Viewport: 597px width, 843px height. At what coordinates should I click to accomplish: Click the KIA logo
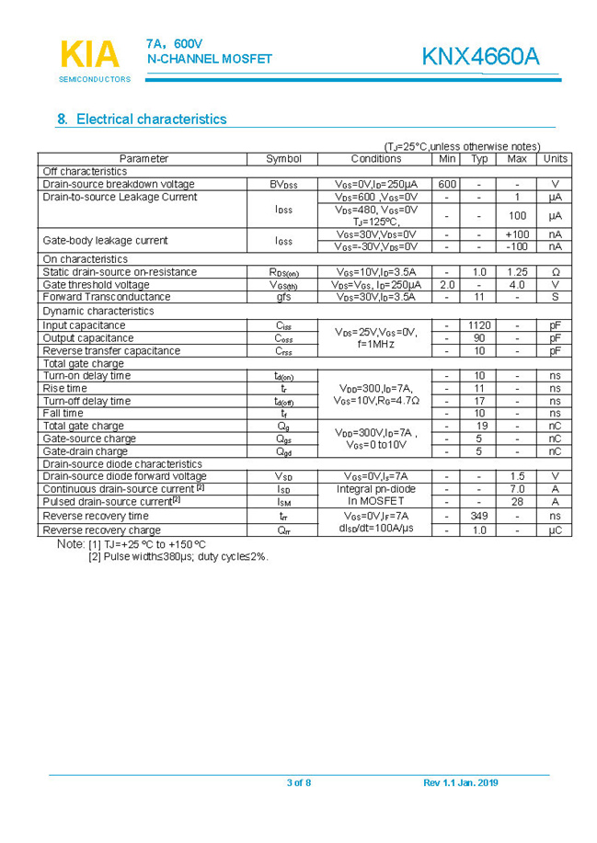pos(90,55)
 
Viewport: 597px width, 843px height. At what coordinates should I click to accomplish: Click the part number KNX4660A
pos(480,56)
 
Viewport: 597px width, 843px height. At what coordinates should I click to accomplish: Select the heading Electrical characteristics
pos(142,120)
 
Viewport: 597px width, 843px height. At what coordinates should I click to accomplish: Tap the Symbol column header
pos(283,159)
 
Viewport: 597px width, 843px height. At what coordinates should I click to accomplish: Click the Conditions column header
pos(375,159)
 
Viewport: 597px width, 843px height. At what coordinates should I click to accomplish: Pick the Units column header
pos(555,159)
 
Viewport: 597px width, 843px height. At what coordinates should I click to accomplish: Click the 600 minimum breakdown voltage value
pos(447,184)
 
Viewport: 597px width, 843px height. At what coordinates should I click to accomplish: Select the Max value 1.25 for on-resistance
pos(517,272)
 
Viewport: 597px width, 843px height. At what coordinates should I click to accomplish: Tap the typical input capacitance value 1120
pos(479,325)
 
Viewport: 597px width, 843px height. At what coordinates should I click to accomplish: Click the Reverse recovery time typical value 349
pos(479,517)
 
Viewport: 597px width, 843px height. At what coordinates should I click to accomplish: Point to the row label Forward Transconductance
pos(107,297)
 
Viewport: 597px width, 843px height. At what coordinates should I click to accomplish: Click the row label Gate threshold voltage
pos(96,285)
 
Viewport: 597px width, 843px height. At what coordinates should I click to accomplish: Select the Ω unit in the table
pos(555,272)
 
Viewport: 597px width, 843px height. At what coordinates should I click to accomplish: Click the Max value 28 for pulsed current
pos(517,502)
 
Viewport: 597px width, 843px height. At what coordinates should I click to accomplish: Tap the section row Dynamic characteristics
pos(98,311)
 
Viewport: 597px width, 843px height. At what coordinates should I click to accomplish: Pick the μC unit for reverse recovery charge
pos(555,530)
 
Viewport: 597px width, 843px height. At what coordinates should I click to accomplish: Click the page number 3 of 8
pos(299,782)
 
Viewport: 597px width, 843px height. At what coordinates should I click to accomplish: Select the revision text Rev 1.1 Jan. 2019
pos(460,782)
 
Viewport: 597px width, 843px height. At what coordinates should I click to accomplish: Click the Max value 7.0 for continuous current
pos(517,489)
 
